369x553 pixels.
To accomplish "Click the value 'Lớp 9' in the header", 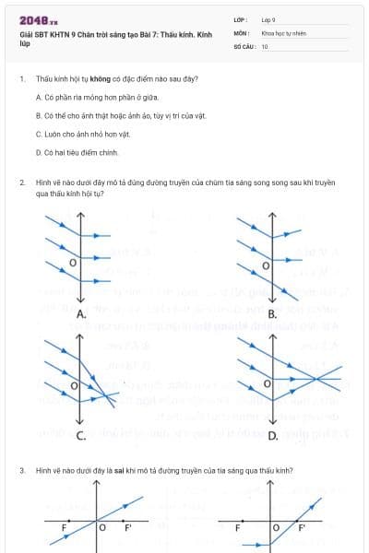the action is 268,18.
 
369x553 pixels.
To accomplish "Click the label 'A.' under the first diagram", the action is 81,314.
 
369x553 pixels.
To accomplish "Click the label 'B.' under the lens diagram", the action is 272,314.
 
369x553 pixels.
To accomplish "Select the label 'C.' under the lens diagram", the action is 81,435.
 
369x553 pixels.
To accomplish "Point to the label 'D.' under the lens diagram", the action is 272,435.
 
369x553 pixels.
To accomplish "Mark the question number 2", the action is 21,183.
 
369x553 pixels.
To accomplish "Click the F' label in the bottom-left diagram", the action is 128,529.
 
